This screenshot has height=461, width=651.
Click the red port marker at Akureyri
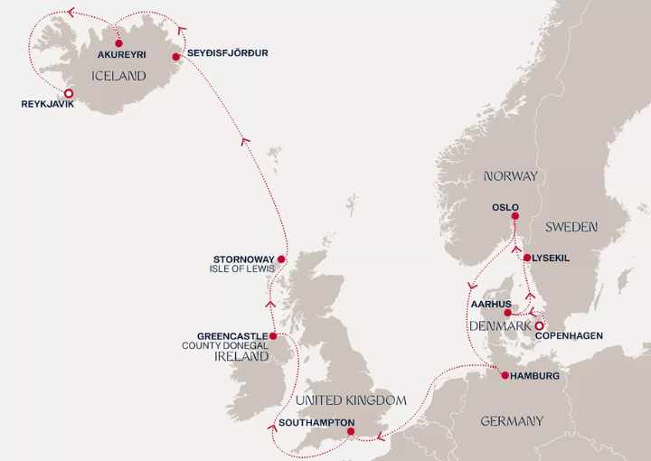(118, 43)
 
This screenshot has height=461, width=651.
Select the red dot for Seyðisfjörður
(177, 53)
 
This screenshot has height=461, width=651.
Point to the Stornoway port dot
(281, 259)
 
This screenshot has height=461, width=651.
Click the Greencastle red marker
(273, 335)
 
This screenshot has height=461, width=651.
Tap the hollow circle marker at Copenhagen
(539, 325)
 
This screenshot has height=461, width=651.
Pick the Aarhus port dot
(508, 313)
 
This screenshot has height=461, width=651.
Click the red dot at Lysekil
(527, 258)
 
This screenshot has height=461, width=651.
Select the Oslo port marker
(515, 215)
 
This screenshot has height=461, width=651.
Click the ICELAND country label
(118, 77)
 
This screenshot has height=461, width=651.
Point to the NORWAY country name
(510, 176)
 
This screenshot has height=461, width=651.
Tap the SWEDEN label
(571, 227)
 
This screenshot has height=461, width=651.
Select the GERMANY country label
(512, 420)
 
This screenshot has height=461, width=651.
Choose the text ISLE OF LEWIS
(242, 269)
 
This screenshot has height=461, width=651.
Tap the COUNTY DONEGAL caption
(224, 345)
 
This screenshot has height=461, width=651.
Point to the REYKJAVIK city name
(47, 105)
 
